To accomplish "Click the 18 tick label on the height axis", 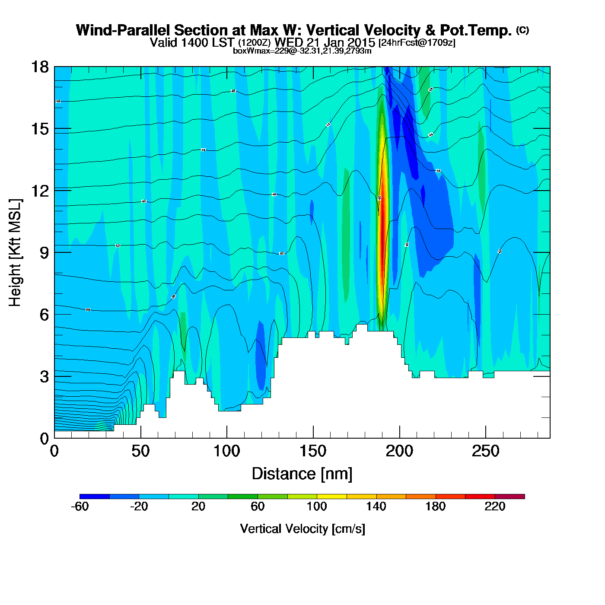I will [38, 67].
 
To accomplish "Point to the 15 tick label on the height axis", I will [38, 129].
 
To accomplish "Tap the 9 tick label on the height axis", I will [44, 253].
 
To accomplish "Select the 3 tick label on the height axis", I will [44, 377].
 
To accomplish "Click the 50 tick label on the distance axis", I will [140, 452].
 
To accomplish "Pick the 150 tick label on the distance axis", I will [313, 452].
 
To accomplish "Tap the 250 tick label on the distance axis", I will [485, 452].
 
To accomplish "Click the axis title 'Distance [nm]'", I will [302, 474].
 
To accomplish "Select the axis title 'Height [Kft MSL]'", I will [15, 253].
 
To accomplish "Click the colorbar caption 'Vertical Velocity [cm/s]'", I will [302, 529].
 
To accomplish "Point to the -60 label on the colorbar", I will [80, 506].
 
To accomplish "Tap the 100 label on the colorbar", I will [317, 506].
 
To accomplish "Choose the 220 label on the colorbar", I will [495, 506].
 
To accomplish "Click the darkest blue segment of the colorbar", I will [95, 497].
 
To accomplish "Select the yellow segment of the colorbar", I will [331, 497].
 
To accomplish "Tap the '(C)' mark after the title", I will [522, 30].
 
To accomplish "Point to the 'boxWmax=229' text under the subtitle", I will [254, 51].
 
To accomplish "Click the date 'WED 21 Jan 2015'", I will [325, 42].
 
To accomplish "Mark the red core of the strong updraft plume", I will [382, 225].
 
